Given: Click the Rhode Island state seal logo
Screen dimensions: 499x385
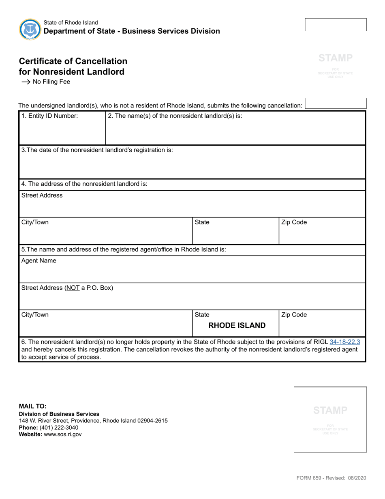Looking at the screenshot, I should [x=30, y=29].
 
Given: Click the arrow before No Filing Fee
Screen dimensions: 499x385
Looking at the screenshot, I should [x=26, y=82].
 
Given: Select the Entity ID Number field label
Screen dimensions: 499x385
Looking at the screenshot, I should [x=49, y=116].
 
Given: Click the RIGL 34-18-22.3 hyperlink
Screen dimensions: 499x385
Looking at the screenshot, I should [x=344, y=342].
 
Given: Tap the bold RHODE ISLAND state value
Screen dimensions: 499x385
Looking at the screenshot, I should [x=237, y=325].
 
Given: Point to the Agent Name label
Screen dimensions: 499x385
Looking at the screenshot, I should [x=39, y=261].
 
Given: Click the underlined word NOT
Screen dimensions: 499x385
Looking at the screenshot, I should [x=72, y=288].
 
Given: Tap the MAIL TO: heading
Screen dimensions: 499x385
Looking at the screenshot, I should [x=33, y=406].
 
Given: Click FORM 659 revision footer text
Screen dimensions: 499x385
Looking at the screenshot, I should [x=331, y=478].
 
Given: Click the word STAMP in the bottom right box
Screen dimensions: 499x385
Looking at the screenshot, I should [x=330, y=410].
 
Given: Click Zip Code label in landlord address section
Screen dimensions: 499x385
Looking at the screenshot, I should [x=294, y=222].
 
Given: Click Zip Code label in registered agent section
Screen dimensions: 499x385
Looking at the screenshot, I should [x=294, y=315].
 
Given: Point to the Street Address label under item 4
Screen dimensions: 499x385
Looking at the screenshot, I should [x=42, y=196].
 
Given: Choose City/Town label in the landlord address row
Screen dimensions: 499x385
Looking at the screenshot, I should [x=35, y=222].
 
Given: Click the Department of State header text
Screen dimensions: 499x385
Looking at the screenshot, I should [x=132, y=31].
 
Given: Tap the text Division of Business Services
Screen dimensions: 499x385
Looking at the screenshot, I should [x=59, y=414].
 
